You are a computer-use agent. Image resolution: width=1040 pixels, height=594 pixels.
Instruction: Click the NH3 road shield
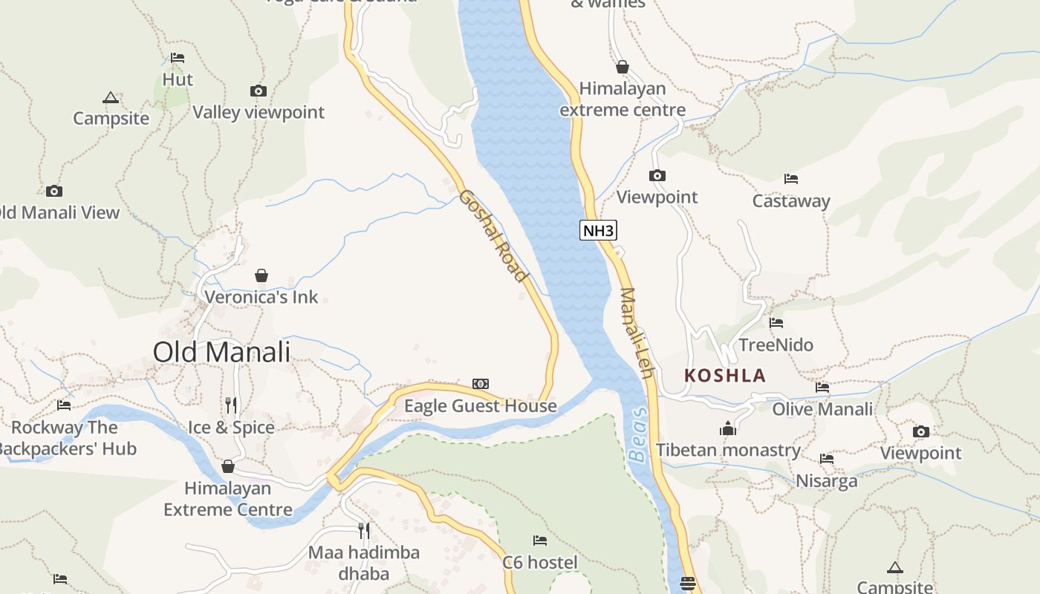coord(598,230)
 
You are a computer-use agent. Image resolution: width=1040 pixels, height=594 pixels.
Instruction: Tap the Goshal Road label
coord(493,235)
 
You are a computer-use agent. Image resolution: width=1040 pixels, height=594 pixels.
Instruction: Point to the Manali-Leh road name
coord(637,333)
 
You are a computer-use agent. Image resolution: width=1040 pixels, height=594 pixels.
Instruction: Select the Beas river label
coord(638,434)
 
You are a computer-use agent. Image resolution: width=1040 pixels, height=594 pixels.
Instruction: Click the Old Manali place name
coord(221,352)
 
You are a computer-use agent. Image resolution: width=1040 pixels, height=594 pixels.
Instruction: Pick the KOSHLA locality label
coord(725,375)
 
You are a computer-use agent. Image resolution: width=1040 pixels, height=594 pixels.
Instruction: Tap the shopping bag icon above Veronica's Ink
coord(261,275)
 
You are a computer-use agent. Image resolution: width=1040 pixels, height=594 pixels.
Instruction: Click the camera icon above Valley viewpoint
coord(259,91)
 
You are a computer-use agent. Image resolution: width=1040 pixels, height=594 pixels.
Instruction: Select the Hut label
coord(178,79)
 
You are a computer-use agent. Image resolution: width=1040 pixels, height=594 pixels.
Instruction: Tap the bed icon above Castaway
coord(791,179)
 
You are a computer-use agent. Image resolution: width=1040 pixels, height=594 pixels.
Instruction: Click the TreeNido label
coord(776,345)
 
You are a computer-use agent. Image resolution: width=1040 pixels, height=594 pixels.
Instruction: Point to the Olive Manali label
coord(822,409)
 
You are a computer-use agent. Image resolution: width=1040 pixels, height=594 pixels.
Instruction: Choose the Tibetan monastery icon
coord(727,428)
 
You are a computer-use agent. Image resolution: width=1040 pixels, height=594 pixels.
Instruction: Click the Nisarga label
coord(826,481)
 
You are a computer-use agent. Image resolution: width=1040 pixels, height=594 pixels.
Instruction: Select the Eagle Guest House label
coord(480,406)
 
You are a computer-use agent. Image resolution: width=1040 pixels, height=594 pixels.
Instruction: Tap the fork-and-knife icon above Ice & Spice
coord(231,405)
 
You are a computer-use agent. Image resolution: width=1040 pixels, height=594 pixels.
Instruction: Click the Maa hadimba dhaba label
coord(364,563)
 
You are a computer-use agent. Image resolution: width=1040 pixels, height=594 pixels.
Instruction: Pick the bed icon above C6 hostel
coord(540,540)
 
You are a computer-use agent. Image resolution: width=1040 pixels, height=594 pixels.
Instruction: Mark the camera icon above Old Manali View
coord(54,191)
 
